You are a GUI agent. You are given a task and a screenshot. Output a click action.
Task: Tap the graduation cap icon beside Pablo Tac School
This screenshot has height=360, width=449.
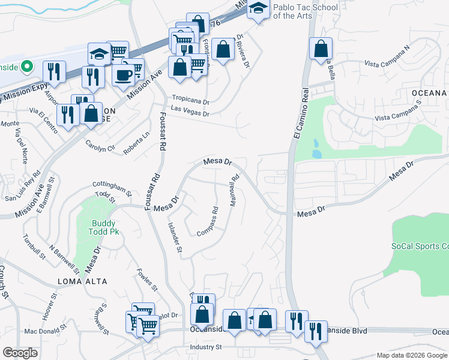click(259, 8)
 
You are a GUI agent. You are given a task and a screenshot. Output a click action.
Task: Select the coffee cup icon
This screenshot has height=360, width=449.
click(124, 76)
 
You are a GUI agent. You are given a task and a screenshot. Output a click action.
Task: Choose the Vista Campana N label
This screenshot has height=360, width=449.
click(388, 63)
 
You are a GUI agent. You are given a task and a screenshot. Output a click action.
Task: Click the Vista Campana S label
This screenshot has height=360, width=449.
click(399, 119)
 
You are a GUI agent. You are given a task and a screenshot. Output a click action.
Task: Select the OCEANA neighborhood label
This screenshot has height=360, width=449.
click(430, 93)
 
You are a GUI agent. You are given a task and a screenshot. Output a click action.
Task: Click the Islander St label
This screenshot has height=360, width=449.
click(175, 236)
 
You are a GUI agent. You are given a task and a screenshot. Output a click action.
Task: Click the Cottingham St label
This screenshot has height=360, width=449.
click(112, 189)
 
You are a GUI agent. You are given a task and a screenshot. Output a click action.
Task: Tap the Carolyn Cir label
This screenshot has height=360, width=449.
click(100, 145)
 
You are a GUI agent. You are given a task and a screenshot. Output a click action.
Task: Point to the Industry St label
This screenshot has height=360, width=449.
click(206, 347)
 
